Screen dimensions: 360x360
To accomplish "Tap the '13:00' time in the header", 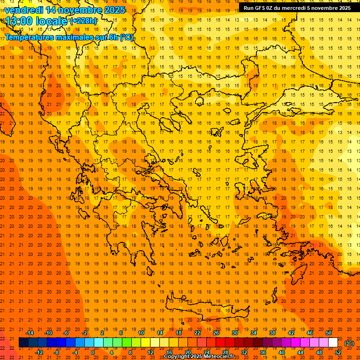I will coord(18,21).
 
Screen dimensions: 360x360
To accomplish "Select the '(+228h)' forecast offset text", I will coord(83,21).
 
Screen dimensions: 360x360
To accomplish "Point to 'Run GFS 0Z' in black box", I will coord(258,7).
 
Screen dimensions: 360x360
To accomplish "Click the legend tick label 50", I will coord(329,332).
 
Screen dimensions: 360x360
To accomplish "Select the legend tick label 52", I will coord(338,352).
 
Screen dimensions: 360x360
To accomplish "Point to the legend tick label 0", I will coord(93,352).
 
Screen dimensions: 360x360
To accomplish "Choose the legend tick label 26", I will coord(216,332).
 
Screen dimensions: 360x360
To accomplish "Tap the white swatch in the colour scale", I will coord(333,343).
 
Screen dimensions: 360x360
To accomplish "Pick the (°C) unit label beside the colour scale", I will coord(349,343).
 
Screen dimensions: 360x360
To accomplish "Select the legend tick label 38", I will coord(272,332).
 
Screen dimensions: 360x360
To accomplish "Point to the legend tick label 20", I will coord(188,352).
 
